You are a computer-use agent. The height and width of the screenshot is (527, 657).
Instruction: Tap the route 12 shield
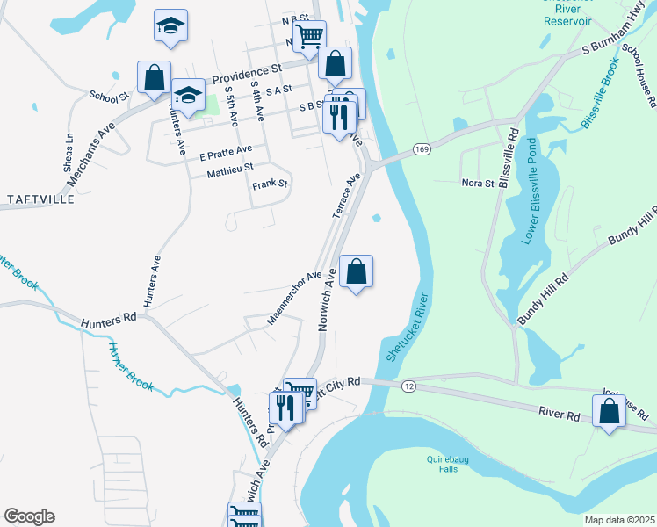[409, 386]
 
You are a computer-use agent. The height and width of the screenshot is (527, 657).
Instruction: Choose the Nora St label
[479, 183]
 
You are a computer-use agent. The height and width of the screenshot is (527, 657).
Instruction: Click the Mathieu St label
[229, 166]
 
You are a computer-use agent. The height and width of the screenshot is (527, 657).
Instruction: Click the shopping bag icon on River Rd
[609, 410]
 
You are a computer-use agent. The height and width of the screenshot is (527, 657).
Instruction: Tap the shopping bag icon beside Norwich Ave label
[356, 271]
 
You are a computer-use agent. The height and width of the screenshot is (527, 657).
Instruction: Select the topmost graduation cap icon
[170, 25]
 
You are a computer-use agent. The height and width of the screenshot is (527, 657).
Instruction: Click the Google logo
[29, 516]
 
